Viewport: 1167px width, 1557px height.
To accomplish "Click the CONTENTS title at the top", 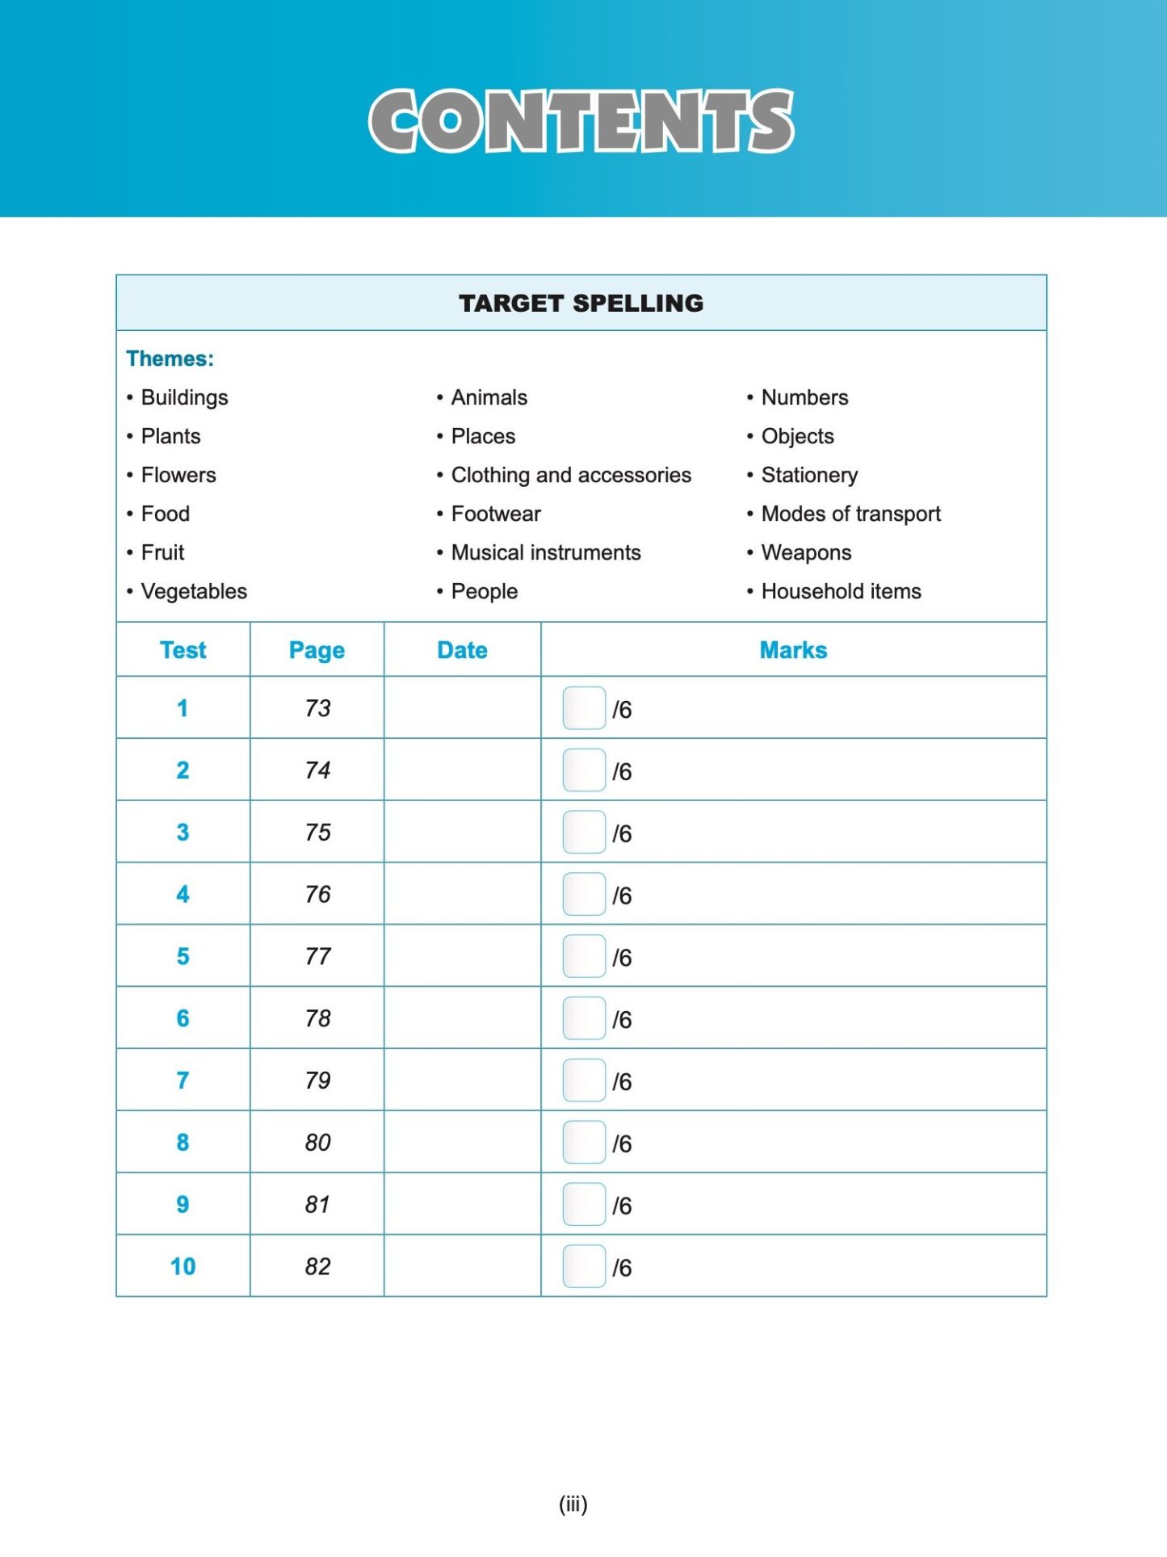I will (581, 121).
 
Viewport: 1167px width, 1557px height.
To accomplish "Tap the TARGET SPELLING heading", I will (581, 303).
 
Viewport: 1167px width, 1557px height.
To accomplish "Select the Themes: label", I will (170, 359).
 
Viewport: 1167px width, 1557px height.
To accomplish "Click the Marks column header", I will (793, 650).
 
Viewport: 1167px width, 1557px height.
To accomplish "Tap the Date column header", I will (462, 650).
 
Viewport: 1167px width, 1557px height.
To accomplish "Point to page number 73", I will (317, 708).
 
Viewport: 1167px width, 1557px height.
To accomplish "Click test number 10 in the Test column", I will (183, 1266).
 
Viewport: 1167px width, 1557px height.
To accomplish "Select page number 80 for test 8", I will (317, 1143).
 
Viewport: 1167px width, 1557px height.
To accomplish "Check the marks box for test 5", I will (584, 956).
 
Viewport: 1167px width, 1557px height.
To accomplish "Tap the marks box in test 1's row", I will (584, 708).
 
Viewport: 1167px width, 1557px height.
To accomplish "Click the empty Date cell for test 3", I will (462, 832).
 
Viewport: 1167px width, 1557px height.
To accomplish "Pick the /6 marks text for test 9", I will (622, 1206).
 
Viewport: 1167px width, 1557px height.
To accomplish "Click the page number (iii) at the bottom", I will (573, 1504).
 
